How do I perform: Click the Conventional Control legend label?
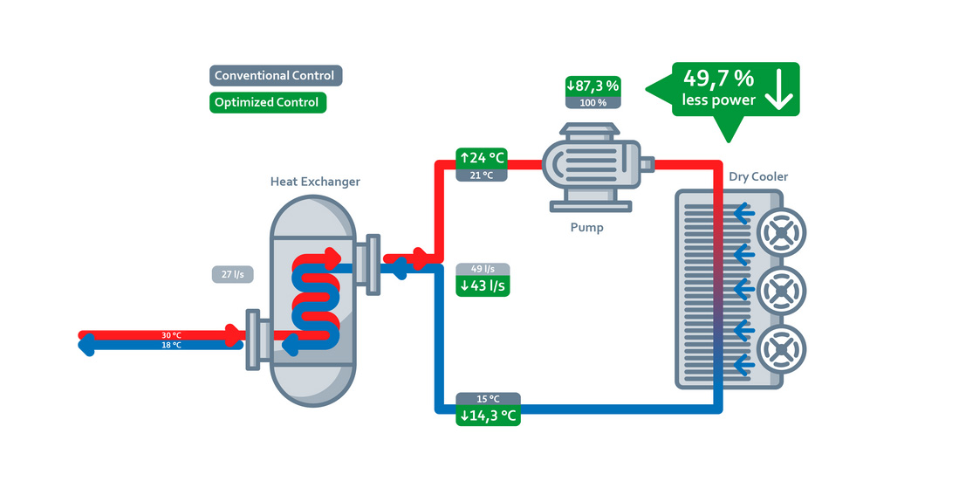click(275, 76)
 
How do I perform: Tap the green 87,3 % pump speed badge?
click(593, 86)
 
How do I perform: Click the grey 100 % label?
click(593, 102)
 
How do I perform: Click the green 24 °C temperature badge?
click(483, 159)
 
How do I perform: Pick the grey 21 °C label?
click(483, 175)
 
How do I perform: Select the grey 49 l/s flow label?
click(483, 269)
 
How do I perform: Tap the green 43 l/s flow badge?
click(483, 285)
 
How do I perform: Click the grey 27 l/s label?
click(233, 274)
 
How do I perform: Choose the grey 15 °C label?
click(488, 399)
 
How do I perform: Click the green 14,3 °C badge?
click(488, 416)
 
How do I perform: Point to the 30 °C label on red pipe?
click(171, 335)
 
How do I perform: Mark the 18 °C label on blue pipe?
click(171, 346)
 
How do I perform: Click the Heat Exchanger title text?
click(315, 182)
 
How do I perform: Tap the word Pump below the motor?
click(586, 228)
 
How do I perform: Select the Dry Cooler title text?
click(758, 177)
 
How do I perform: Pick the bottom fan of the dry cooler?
click(780, 351)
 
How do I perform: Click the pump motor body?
click(591, 163)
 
